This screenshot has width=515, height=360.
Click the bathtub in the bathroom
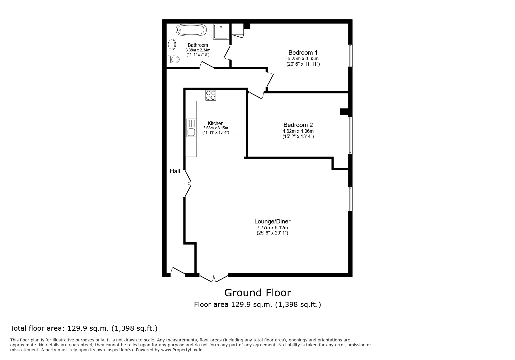coord(191,30)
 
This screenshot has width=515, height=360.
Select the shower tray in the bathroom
coord(221,31)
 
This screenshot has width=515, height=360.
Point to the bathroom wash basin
coord(172,44)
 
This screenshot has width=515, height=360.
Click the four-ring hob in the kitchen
coord(211,95)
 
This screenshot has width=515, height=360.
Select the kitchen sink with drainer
coord(191,128)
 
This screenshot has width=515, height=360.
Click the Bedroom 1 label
coord(303,53)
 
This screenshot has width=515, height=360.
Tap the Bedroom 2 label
coord(298,125)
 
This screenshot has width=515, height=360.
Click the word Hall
coord(175,171)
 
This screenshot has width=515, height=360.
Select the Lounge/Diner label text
coord(272,221)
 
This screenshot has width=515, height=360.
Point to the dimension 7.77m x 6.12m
coord(272,228)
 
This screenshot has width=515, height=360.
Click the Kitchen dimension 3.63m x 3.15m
coord(215,128)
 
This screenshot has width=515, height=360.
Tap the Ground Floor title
coord(257,293)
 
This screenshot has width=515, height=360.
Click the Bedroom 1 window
coord(350,55)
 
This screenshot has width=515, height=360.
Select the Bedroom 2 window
coord(350,135)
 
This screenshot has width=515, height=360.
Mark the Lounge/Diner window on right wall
coord(350,199)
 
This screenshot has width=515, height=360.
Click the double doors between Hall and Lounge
coord(188,183)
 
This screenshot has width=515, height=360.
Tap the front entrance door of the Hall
coord(178,272)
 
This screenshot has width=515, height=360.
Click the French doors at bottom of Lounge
coord(214,278)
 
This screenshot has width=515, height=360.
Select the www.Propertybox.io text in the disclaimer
coord(182,350)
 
